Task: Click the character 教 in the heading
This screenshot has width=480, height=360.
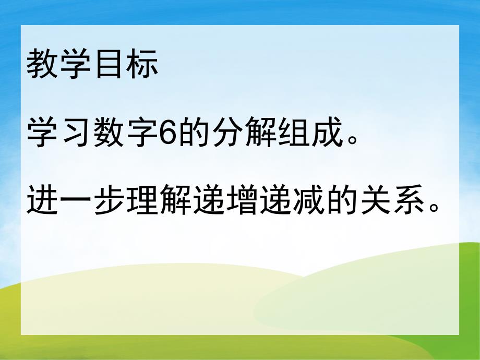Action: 43,66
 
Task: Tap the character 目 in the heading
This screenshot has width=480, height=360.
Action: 109,66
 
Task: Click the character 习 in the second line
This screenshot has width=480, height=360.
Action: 76,132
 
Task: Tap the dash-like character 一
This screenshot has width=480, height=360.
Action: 76,199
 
